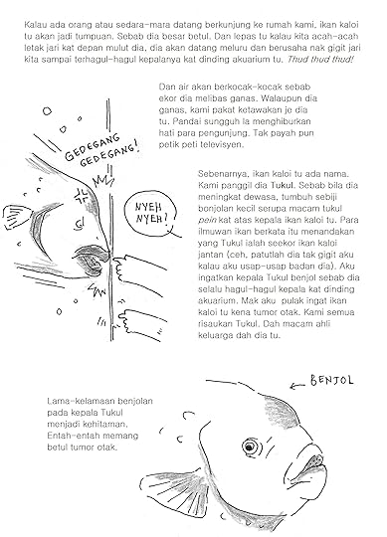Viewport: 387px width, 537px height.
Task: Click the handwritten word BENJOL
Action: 331,380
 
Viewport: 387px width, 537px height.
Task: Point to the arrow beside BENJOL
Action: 296,386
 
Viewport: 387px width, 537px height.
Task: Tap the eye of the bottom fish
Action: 250,447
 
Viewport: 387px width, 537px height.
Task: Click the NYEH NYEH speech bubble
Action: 150,213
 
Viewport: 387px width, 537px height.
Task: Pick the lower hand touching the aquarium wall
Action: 140,323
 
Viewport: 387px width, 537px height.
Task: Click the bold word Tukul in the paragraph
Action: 283,185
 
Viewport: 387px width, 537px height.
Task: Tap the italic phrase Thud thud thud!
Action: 320,60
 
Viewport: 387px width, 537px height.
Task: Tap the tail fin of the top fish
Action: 17,217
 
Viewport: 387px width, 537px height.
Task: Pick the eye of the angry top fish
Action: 80,224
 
